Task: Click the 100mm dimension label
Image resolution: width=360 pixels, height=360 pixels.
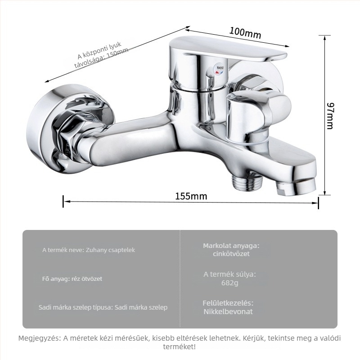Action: pyautogui.click(x=245, y=33)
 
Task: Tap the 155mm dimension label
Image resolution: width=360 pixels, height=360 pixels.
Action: pyautogui.click(x=191, y=196)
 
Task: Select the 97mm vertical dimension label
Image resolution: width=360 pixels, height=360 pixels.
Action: pyautogui.click(x=330, y=116)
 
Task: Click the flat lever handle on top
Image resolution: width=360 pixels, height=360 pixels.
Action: pyautogui.click(x=227, y=48)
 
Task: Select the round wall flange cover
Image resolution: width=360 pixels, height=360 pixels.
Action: pyautogui.click(x=69, y=129)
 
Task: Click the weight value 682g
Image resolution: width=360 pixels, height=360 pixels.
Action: pyautogui.click(x=229, y=283)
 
